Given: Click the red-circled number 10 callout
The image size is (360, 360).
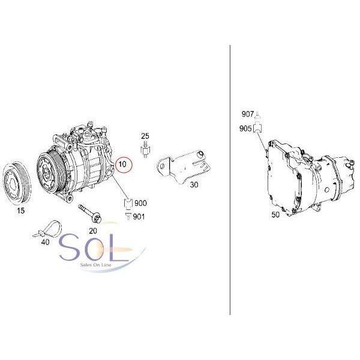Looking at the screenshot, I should coord(122,164).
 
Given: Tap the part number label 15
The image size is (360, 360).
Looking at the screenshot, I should coord(20,211).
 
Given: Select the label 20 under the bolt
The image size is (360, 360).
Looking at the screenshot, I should coord(92,230).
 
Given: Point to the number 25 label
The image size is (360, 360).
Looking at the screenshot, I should coord(145,137).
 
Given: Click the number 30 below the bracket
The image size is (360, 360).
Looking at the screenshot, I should coord(194,185).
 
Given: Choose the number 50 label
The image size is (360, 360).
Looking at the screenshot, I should coord(275,214).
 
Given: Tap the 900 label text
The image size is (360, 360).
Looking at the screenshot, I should coord(140,203).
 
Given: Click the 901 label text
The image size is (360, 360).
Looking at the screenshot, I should coord(139,216).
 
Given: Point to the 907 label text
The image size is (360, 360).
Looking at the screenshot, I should coord(248,114).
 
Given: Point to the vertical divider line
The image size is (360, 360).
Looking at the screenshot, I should coord(230,180).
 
